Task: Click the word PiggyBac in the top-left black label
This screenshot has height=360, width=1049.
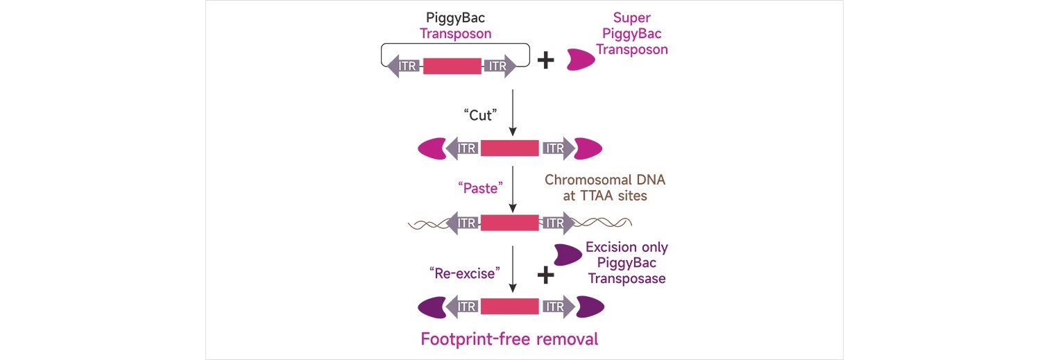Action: [455, 17]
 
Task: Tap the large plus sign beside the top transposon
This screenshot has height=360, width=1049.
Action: [547, 60]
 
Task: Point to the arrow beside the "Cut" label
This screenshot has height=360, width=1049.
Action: [512, 111]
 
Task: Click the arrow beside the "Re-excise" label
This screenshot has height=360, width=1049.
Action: [512, 271]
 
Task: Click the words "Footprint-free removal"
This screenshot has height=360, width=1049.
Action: [509, 339]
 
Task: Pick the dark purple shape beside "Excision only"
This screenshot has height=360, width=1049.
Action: [568, 255]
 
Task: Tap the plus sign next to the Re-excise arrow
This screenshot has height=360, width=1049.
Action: [547, 275]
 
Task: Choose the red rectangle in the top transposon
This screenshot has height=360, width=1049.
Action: [452, 67]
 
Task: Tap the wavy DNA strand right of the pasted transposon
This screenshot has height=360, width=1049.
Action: [604, 223]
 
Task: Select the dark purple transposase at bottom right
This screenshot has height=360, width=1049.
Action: [590, 306]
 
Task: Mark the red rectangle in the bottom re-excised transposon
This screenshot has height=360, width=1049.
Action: [509, 306]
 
